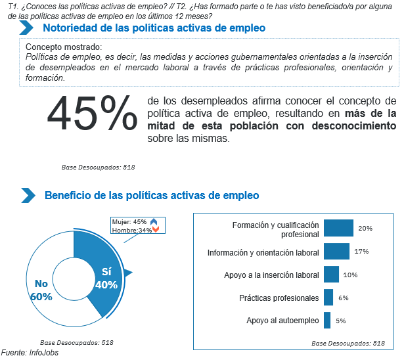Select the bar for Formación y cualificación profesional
338,228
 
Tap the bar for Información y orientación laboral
336,252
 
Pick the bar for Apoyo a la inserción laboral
331,275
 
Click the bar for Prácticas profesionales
328,298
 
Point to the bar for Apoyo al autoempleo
326,321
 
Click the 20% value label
365,228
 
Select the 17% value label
361,252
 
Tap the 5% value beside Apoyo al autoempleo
340,321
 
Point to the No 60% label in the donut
41,290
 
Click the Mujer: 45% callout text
129,222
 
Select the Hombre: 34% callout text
131,230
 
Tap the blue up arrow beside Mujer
154,222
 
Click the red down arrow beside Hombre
156,230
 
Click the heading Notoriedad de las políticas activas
154,28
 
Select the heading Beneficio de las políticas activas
151,196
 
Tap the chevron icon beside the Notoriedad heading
27,28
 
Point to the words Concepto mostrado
64,47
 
